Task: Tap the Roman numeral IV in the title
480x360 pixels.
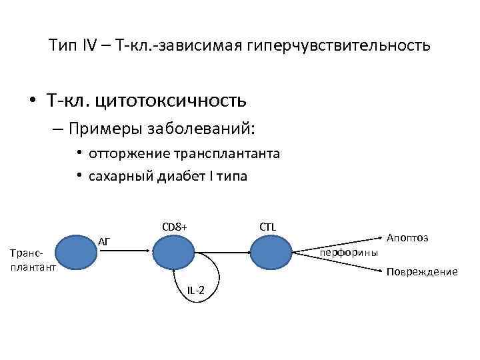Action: (89, 45)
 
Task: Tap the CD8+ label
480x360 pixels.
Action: (175, 227)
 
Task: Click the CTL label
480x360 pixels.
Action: (268, 227)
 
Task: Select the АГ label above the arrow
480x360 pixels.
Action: (104, 241)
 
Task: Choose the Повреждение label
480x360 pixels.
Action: (423, 272)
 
